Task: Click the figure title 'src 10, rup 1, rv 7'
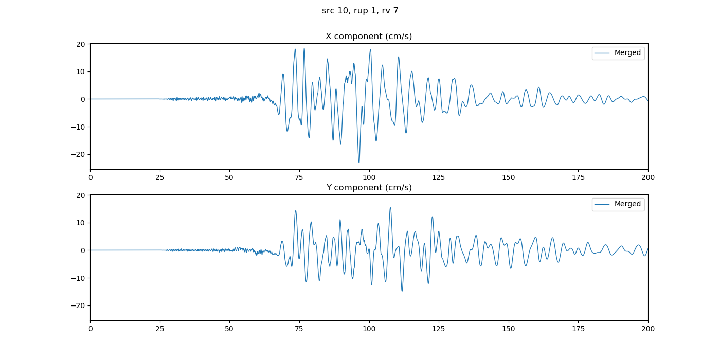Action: pyautogui.click(x=360, y=11)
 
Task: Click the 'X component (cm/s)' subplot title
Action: pyautogui.click(x=369, y=37)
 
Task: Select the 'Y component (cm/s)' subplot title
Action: pyautogui.click(x=369, y=188)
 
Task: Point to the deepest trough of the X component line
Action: pyautogui.click(x=359, y=163)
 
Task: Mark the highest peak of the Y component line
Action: pyautogui.click(x=390, y=208)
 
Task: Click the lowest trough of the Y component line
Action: pyautogui.click(x=402, y=291)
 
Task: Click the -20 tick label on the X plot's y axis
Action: pyautogui.click(x=79, y=154)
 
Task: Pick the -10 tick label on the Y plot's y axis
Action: pyautogui.click(x=79, y=278)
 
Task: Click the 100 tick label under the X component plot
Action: pyautogui.click(x=369, y=178)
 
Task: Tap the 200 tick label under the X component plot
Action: pyautogui.click(x=648, y=178)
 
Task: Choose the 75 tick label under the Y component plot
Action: pyautogui.click(x=299, y=329)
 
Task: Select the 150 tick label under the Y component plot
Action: pyautogui.click(x=509, y=329)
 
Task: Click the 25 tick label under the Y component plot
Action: pyautogui.click(x=160, y=329)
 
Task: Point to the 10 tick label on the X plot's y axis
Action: pyautogui.click(x=81, y=71)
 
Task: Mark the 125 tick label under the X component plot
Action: pyautogui.click(x=439, y=178)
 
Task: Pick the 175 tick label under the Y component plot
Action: pyautogui.click(x=578, y=329)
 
